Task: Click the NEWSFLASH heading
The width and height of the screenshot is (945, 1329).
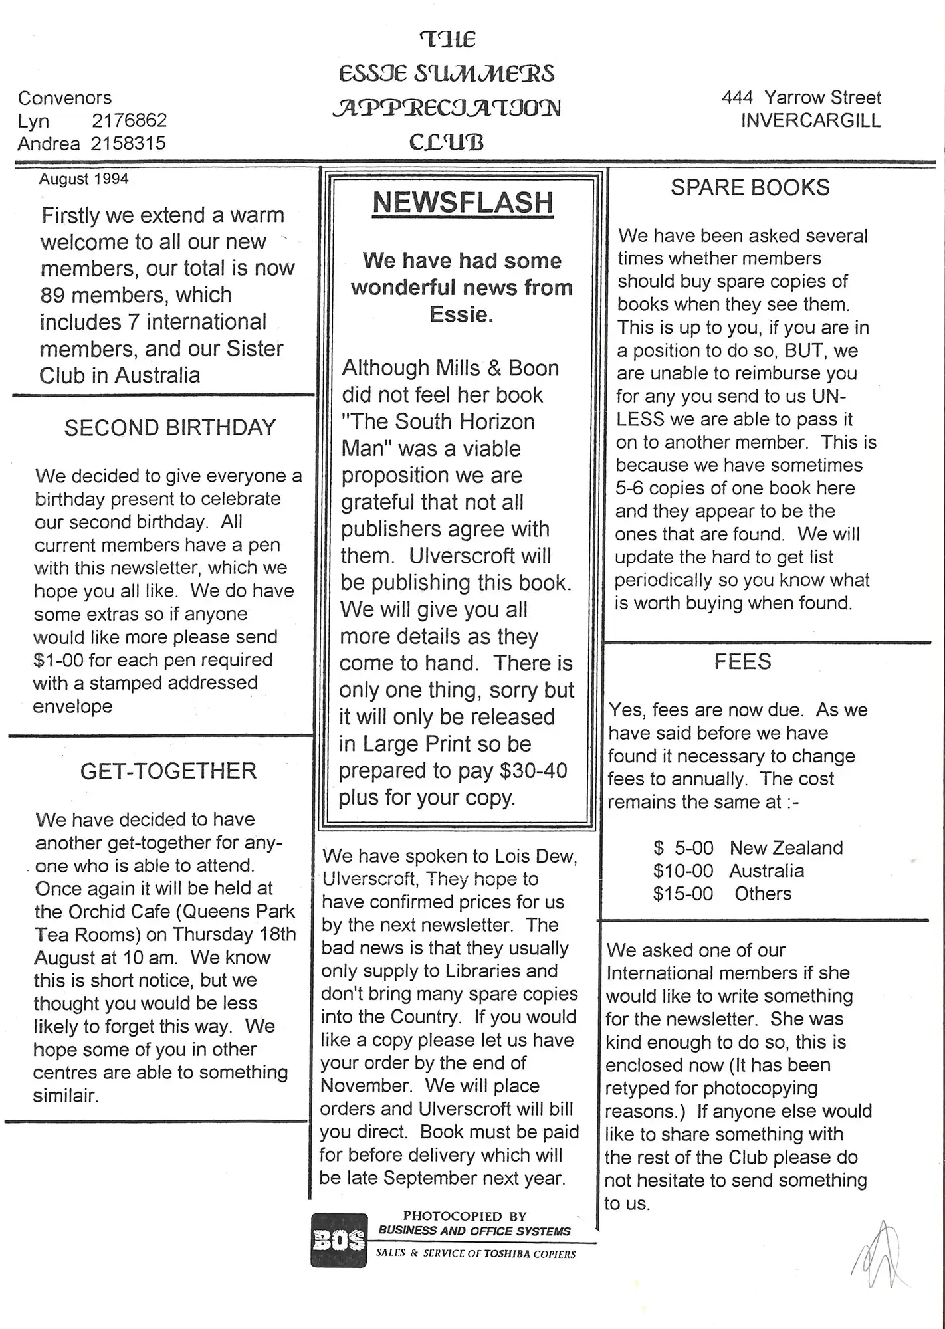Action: pos(463,203)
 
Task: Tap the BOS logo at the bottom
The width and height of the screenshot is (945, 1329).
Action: pos(339,1240)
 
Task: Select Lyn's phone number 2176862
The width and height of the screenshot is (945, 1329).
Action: pos(129,121)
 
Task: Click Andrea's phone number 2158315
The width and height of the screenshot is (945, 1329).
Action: pos(128,144)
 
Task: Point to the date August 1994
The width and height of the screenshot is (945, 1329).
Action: pos(84,179)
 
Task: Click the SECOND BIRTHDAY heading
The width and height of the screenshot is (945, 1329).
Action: pos(170,427)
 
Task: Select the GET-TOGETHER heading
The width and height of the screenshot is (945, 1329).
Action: pos(168,771)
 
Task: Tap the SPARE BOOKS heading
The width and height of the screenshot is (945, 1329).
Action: pos(750,188)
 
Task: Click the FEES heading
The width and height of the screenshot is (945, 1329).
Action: pos(742,662)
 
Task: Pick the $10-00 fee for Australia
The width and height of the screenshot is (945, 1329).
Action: pos(683,870)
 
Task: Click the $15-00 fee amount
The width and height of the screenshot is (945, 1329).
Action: pos(683,894)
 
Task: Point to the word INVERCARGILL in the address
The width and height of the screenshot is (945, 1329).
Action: pos(810,121)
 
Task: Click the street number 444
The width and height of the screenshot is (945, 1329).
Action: pos(737,98)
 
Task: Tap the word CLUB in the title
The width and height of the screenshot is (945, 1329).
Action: pos(446,142)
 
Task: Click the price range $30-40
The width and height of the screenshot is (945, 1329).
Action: pos(534,771)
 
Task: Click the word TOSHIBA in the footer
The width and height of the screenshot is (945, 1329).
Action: pos(510,1254)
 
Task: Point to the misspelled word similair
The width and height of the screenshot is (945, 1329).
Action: pos(66,1096)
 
